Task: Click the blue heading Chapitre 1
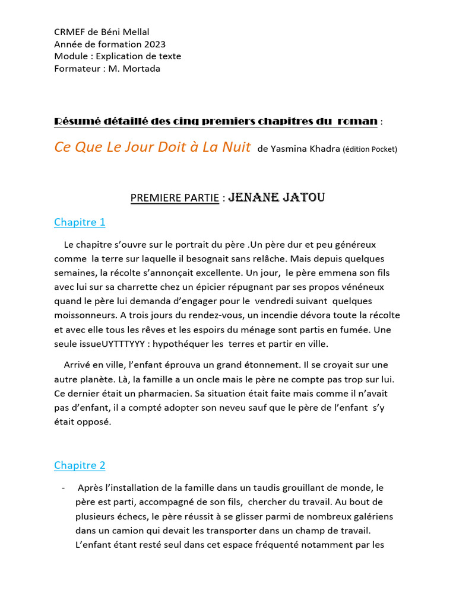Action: pyautogui.click(x=80, y=222)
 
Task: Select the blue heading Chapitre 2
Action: pyautogui.click(x=80, y=465)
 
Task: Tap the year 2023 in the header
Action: pyautogui.click(x=154, y=44)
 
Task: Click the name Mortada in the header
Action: pyautogui.click(x=141, y=69)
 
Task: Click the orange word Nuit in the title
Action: pyautogui.click(x=233, y=147)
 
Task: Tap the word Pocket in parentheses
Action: pyautogui.click(x=382, y=149)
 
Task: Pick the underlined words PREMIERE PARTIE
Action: pyautogui.click(x=175, y=198)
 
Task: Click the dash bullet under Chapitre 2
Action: pyautogui.click(x=64, y=488)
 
